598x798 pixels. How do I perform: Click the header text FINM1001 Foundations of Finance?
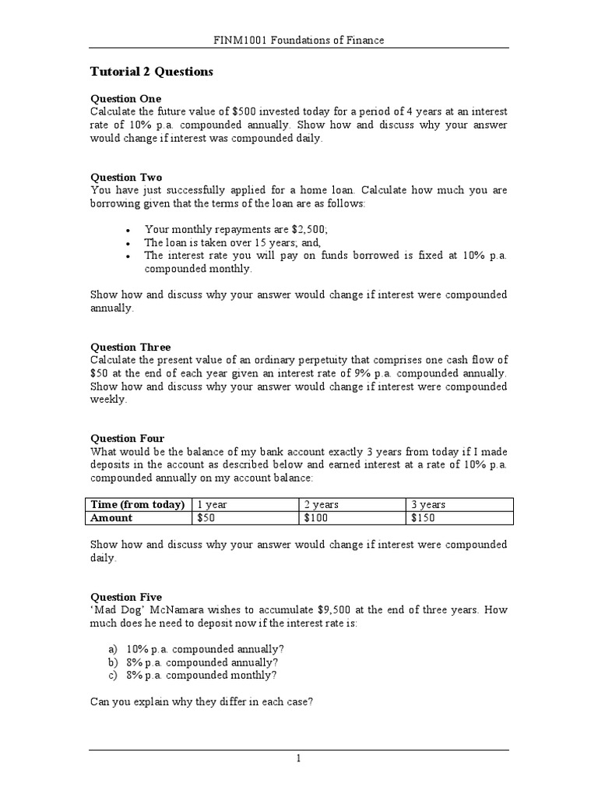(x=299, y=40)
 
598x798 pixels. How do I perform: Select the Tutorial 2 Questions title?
(x=151, y=72)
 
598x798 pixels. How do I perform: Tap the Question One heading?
(x=126, y=99)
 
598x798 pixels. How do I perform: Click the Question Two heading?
(x=126, y=178)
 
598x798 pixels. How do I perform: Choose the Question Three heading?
(x=130, y=347)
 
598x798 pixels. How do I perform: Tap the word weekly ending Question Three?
(x=107, y=400)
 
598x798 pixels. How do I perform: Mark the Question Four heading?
(x=127, y=439)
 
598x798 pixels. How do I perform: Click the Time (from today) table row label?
(x=139, y=505)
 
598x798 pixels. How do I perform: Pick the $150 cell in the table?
(x=424, y=518)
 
